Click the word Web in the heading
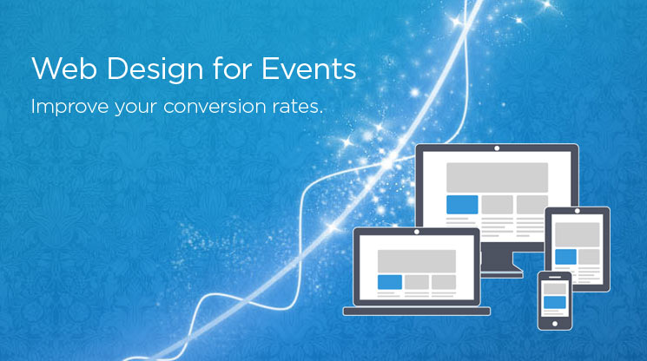tap(64, 69)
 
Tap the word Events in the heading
tap(309, 69)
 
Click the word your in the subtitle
tap(135, 108)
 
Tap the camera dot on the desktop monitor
tap(497, 148)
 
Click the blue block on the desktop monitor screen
tap(462, 205)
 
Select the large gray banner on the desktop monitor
tap(498, 177)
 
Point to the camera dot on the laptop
tap(417, 232)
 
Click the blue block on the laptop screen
tap(390, 282)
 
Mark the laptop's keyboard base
tap(417, 312)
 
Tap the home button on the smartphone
tap(555, 324)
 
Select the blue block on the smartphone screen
tap(555, 303)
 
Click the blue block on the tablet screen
tap(565, 257)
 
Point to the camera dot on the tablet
tap(578, 211)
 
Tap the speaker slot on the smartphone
tap(555, 277)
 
